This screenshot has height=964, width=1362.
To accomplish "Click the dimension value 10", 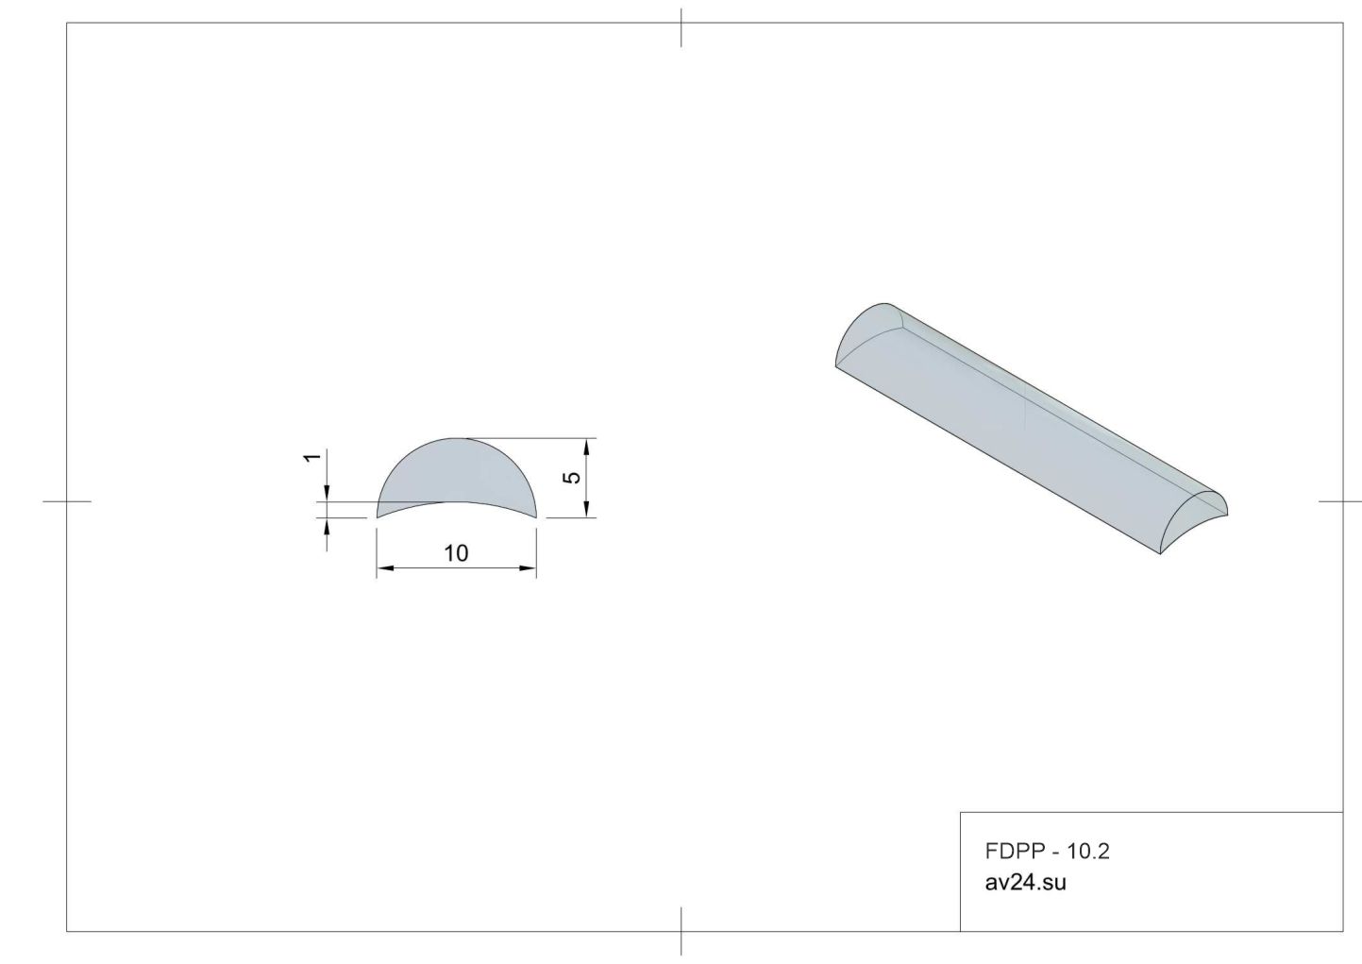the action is [456, 553].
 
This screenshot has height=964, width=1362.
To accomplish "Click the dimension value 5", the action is [573, 478].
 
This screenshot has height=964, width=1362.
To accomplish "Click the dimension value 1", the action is [312, 457].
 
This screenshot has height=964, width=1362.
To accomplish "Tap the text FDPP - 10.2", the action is [1047, 852].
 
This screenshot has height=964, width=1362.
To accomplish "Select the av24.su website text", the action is [1026, 883].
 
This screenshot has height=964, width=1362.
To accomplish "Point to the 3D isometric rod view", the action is [1032, 428].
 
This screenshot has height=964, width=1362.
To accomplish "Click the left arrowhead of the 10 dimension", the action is [385, 568].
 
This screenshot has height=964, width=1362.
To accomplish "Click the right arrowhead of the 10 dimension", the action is [528, 568].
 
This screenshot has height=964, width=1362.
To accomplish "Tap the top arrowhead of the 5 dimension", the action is [587, 447].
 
